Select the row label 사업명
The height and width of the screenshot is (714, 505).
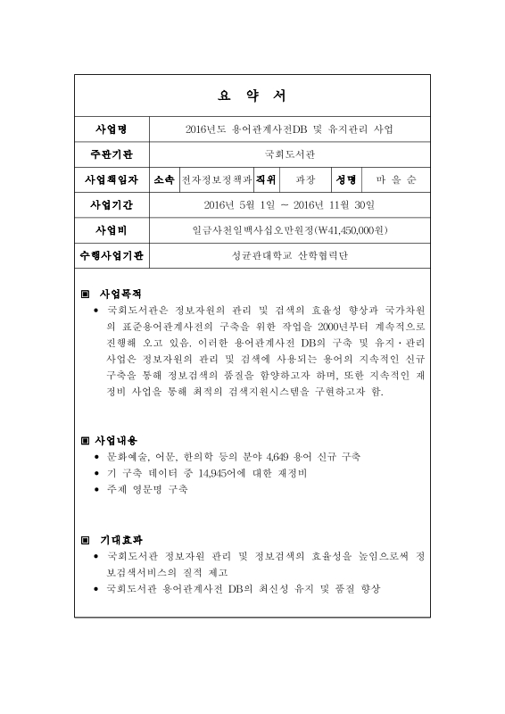click(112, 129)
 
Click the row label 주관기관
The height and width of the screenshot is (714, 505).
click(112, 154)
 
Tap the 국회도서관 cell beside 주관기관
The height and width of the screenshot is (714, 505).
click(290, 154)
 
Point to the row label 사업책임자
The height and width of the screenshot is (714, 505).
click(112, 179)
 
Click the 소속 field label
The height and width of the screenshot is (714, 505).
click(164, 179)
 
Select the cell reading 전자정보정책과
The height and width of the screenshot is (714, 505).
click(216, 179)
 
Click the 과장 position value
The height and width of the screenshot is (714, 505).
click(305, 179)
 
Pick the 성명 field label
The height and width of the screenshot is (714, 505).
click(346, 179)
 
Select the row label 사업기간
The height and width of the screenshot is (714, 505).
click(112, 205)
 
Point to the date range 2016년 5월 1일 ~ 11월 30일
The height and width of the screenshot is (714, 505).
click(290, 205)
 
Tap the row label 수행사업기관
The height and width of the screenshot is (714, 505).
click(112, 257)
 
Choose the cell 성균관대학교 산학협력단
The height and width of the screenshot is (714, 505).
click(290, 257)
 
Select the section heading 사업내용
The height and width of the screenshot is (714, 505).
click(119, 440)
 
